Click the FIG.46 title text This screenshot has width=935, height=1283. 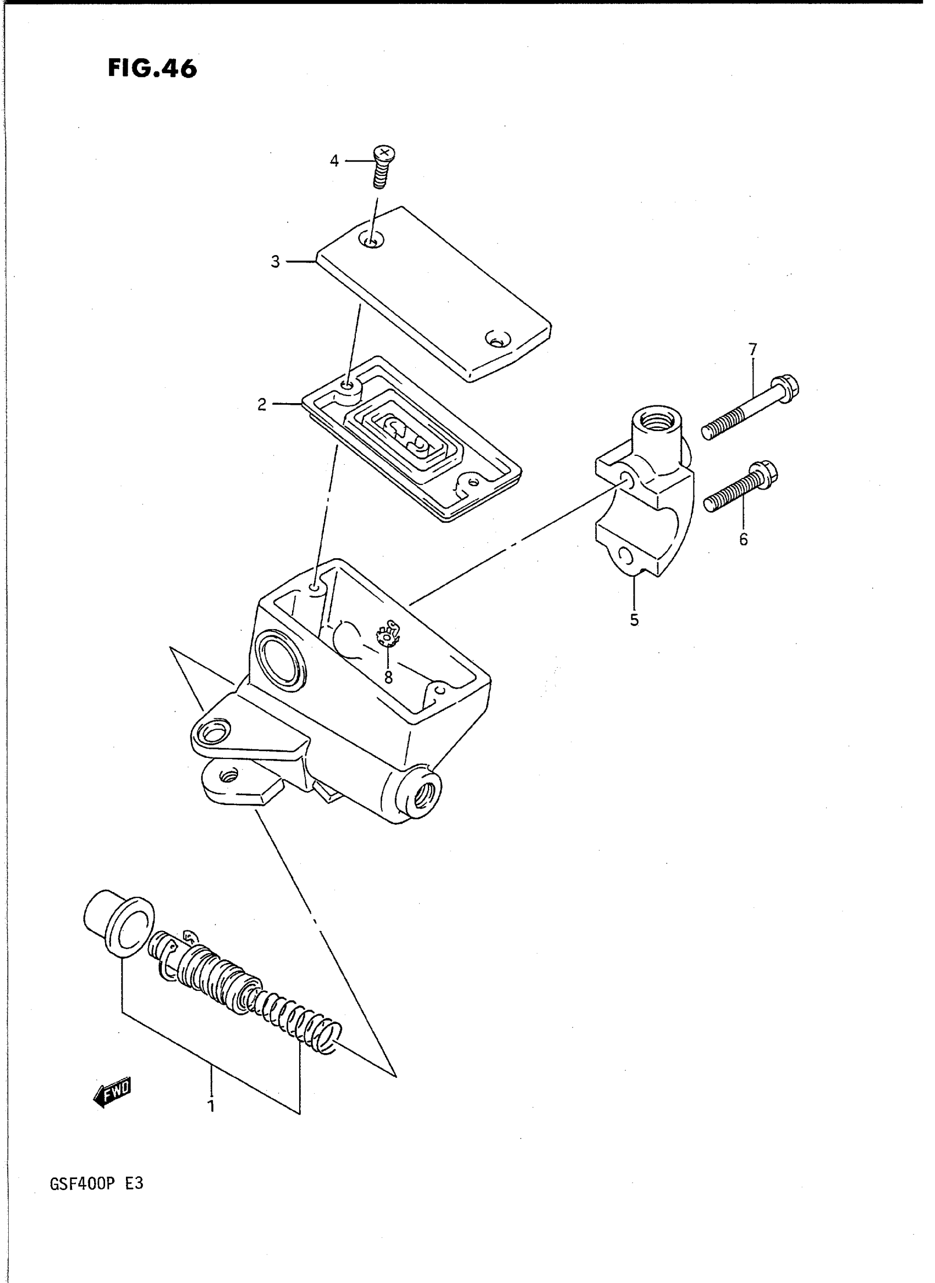[x=152, y=69]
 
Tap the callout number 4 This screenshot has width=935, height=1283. [x=334, y=161]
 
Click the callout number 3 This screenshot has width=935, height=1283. [x=275, y=262]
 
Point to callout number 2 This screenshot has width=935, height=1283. [x=261, y=405]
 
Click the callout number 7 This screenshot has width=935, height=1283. [x=752, y=349]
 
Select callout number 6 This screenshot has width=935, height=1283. [x=743, y=539]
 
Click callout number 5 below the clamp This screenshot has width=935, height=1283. [x=634, y=620]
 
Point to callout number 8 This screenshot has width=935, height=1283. [x=388, y=677]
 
